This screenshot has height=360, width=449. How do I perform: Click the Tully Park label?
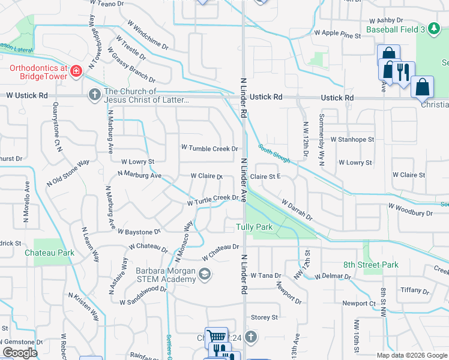[x=255, y=227]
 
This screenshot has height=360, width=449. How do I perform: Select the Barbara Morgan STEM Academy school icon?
[x=205, y=275]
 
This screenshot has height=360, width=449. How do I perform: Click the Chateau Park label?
[x=49, y=253]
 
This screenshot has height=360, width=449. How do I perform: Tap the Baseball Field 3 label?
[x=396, y=28]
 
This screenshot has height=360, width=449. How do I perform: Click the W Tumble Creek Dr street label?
[x=209, y=148]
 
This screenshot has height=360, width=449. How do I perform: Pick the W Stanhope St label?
[x=352, y=139]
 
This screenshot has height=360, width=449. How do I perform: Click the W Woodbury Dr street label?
[x=410, y=209]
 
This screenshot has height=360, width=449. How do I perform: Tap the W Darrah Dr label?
[x=297, y=211]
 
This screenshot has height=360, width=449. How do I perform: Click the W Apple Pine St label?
[x=337, y=34]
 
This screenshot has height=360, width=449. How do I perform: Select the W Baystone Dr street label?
[x=139, y=231]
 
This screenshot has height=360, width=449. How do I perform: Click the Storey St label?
[x=264, y=317]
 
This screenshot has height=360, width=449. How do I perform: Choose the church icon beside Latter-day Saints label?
[x=94, y=95]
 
